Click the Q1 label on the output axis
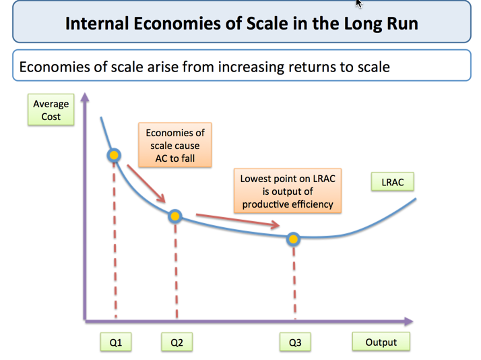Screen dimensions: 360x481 [x=116, y=342]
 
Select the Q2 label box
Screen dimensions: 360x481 [x=177, y=342]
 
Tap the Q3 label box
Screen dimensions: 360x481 [x=295, y=342]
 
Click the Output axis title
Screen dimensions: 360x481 [x=381, y=342]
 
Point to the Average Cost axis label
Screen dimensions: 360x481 [x=51, y=111]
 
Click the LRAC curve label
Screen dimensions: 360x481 [x=392, y=183]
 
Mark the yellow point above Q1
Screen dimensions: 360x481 [x=114, y=156]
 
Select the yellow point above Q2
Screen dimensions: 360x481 [x=175, y=216]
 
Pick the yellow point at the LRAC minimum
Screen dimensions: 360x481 [x=294, y=239]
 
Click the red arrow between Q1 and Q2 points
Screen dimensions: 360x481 [x=146, y=183]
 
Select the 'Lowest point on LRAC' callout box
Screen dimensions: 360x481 [x=288, y=191]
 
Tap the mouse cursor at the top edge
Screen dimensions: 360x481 [x=359, y=3]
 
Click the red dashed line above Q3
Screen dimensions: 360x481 [x=294, y=283]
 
